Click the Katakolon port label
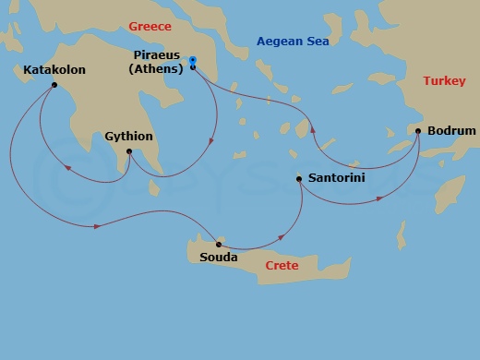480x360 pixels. tap(55, 69)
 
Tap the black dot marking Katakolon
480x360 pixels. tap(55, 85)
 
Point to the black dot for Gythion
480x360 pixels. tap(128, 151)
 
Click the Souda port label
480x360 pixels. tap(219, 258)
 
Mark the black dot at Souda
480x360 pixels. tap(218, 244)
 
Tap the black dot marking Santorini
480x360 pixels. tap(299, 178)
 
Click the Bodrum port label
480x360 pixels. tap(452, 131)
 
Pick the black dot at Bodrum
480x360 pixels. tap(419, 131)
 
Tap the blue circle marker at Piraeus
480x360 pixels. tap(192, 61)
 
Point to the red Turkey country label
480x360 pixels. tap(446, 81)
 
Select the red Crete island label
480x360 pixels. tap(282, 265)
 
